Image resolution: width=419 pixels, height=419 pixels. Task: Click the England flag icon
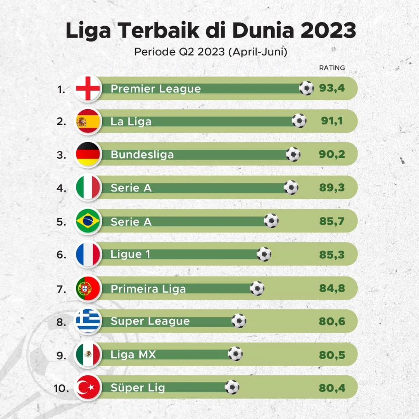click(88, 88)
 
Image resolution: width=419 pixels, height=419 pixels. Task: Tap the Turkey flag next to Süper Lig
click(88, 387)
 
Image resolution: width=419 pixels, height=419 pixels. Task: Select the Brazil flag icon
click(88, 221)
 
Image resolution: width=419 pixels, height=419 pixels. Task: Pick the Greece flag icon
click(88, 321)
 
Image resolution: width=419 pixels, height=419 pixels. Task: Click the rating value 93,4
click(332, 88)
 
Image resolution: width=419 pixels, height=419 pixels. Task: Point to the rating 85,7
click(332, 221)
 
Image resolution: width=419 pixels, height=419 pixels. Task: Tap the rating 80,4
click(332, 388)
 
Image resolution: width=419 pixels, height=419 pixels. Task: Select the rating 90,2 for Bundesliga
click(332, 154)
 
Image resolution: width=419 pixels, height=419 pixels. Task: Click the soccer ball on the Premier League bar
click(307, 88)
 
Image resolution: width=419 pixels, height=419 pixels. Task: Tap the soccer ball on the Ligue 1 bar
click(264, 254)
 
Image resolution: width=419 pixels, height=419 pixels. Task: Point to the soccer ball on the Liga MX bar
click(235, 354)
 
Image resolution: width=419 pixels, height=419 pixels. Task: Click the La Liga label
click(131, 122)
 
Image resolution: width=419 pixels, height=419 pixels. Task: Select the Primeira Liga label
click(148, 289)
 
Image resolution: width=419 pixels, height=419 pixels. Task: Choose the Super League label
click(150, 321)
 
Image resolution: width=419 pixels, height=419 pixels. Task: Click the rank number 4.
click(61, 188)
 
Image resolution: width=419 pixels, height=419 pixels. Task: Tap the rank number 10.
click(61, 388)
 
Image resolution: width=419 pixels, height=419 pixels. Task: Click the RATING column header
click(332, 68)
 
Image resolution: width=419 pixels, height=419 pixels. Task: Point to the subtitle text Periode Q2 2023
click(179, 52)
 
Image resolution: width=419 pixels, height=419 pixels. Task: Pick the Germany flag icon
click(88, 154)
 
